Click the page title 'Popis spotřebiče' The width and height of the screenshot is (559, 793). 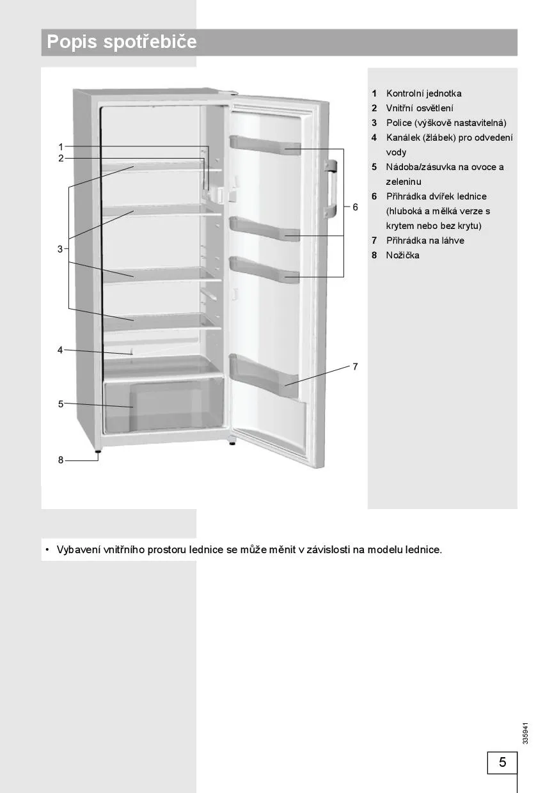tap(122, 42)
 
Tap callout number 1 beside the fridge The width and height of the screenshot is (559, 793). tap(61, 146)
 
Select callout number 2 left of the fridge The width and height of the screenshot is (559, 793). tap(61, 159)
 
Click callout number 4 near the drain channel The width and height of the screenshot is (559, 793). tap(61, 350)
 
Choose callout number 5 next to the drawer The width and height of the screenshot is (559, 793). tap(61, 404)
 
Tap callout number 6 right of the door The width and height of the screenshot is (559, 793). tap(355, 207)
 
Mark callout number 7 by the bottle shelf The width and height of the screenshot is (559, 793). tap(355, 366)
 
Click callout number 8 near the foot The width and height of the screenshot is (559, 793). tap(61, 460)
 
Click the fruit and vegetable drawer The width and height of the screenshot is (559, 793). tap(164, 405)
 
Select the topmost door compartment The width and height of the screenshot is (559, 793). tap(265, 146)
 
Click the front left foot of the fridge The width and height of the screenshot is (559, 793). tap(98, 452)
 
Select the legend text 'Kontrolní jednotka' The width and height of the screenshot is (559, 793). tap(423, 93)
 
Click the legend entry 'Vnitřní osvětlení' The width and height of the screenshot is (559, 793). tap(420, 108)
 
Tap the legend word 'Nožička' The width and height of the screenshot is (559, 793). tap(402, 255)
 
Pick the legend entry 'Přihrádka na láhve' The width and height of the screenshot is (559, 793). tap(425, 240)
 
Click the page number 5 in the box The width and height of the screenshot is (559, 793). tap(502, 762)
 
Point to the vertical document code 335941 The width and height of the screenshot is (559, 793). tap(525, 733)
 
